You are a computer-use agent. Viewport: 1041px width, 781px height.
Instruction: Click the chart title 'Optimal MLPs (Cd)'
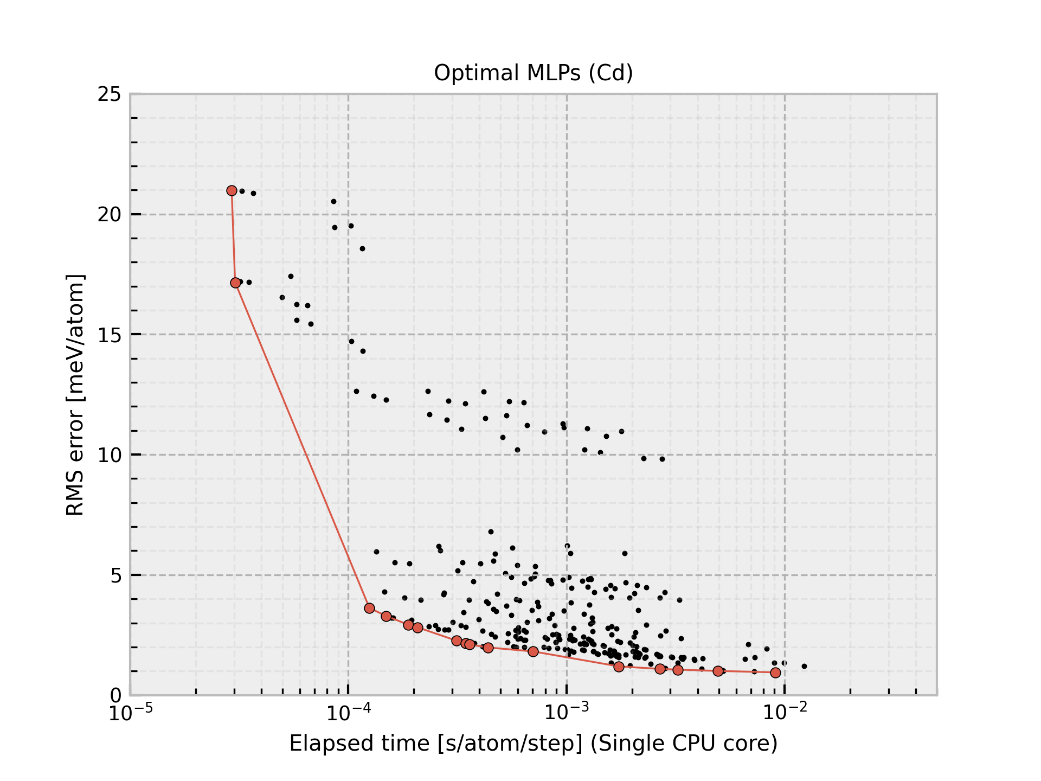pyautogui.click(x=533, y=73)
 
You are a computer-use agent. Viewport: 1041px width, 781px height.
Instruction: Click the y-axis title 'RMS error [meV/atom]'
pyautogui.click(x=75, y=395)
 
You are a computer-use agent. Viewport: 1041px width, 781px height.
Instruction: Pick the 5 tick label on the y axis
pyautogui.click(x=115, y=575)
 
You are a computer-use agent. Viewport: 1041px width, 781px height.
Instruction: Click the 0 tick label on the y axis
pyautogui.click(x=115, y=695)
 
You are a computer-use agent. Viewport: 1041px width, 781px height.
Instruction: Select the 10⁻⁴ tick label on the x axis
pyautogui.click(x=348, y=713)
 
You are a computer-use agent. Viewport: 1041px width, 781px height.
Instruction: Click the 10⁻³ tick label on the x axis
pyautogui.click(x=567, y=713)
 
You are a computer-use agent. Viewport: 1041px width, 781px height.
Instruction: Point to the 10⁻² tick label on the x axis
pyautogui.click(x=785, y=713)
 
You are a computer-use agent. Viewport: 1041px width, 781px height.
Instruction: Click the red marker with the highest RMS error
pyautogui.click(x=232, y=190)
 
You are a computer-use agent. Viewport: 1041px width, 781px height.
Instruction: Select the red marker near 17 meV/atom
pyautogui.click(x=235, y=283)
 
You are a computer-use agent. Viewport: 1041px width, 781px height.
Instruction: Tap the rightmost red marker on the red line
pyautogui.click(x=775, y=673)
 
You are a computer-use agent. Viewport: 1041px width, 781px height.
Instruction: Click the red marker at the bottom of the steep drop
pyautogui.click(x=369, y=608)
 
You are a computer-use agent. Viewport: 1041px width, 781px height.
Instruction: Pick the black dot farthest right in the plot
pyautogui.click(x=804, y=666)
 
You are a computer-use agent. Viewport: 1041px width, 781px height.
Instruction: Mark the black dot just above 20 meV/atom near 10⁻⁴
pyautogui.click(x=333, y=202)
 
